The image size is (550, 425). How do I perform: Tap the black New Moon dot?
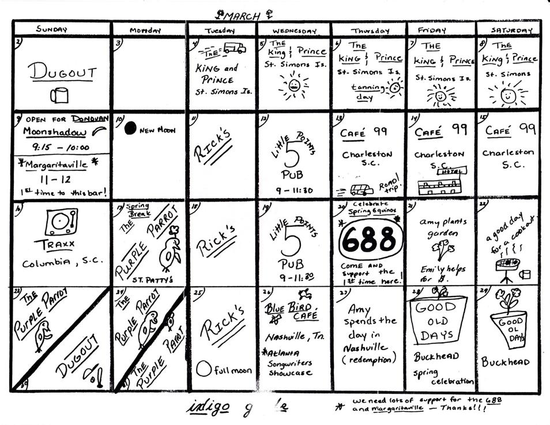click(x=130, y=128)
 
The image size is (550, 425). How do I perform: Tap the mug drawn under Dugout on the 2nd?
click(x=58, y=95)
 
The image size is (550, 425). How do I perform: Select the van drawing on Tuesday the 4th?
click(x=234, y=48)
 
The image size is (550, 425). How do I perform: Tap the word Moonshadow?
click(x=51, y=132)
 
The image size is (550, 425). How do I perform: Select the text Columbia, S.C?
click(x=63, y=264)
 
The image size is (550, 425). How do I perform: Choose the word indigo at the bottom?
click(x=208, y=406)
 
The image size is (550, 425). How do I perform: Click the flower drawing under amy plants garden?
click(x=441, y=249)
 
